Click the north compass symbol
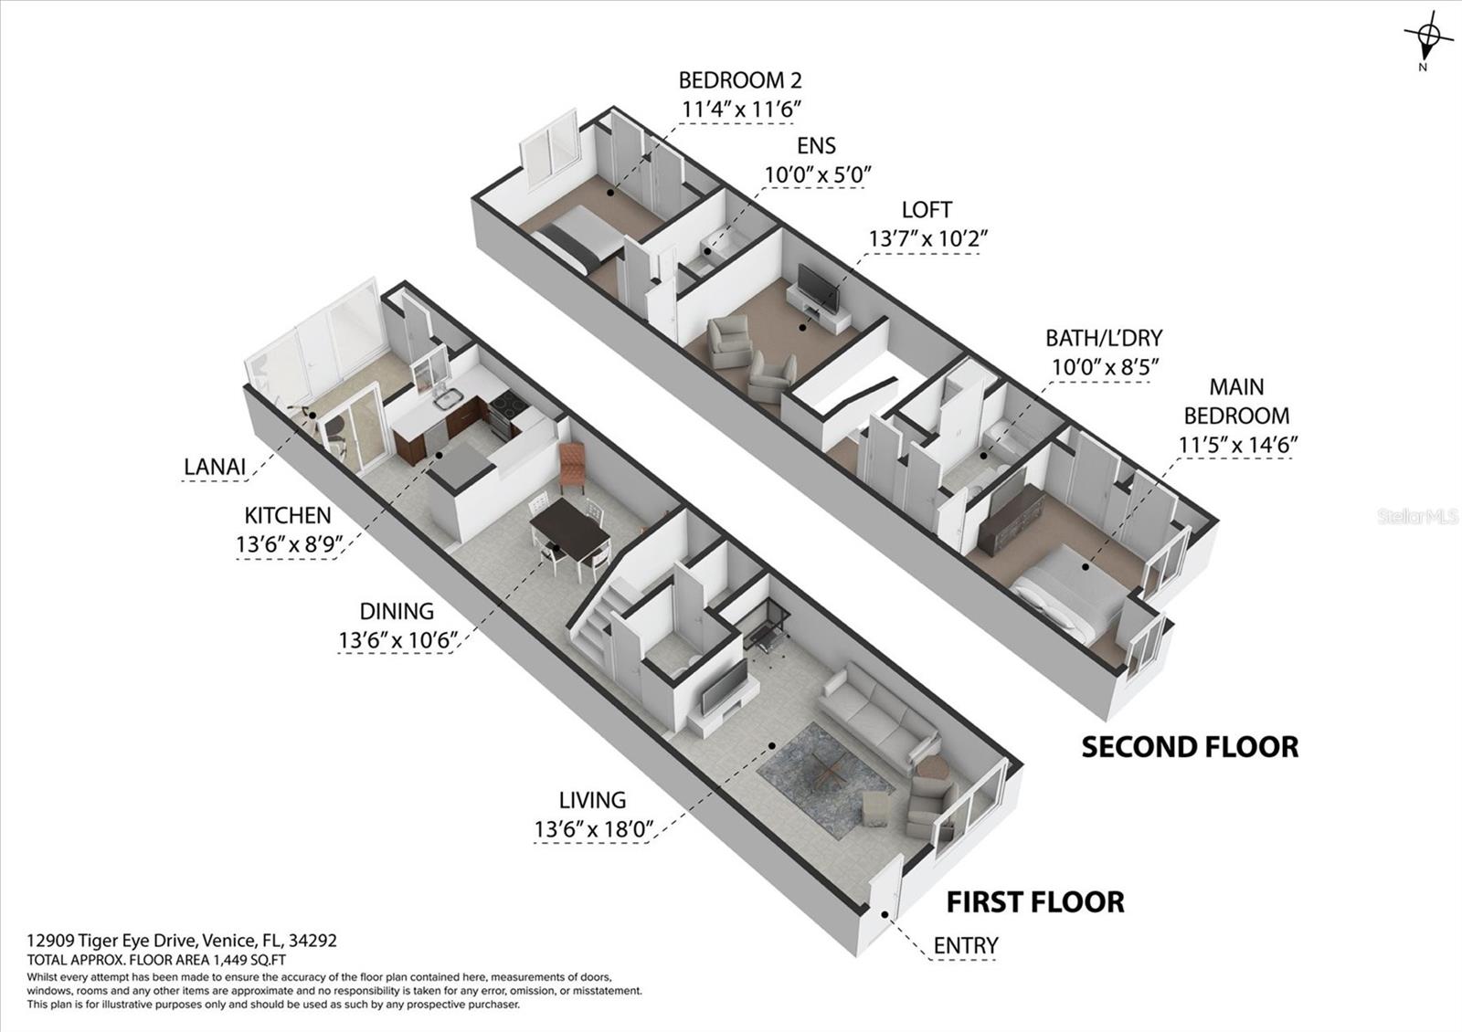1425,43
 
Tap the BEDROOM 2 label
740,80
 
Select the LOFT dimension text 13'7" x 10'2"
927,239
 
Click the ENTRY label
965,945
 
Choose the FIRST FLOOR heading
1035,902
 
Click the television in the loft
817,288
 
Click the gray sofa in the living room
878,718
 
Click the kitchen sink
449,398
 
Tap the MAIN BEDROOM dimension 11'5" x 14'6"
1237,444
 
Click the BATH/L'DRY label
1104,338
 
